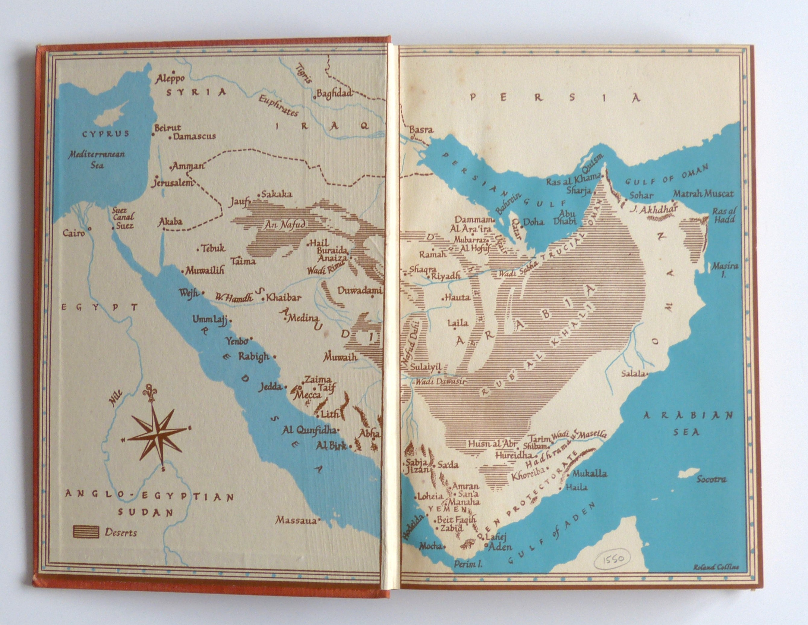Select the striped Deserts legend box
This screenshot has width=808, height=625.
86,532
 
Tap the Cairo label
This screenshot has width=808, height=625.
74,233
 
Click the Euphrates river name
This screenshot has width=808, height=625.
278,105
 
